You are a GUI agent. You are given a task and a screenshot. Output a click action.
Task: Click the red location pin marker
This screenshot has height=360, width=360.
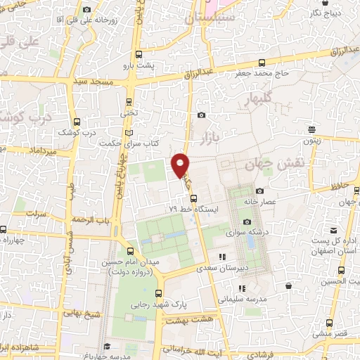click(x=181, y=164)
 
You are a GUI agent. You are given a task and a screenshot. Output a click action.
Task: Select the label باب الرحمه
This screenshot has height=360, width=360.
click(x=95, y=219)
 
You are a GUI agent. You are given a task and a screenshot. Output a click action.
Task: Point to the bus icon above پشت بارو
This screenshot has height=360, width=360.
click(x=139, y=54)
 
